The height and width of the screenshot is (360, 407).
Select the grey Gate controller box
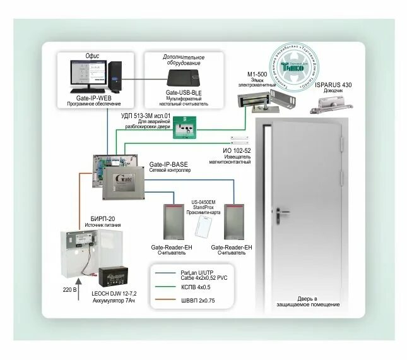(x=123, y=184)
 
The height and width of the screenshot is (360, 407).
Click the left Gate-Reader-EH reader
(x=172, y=222)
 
